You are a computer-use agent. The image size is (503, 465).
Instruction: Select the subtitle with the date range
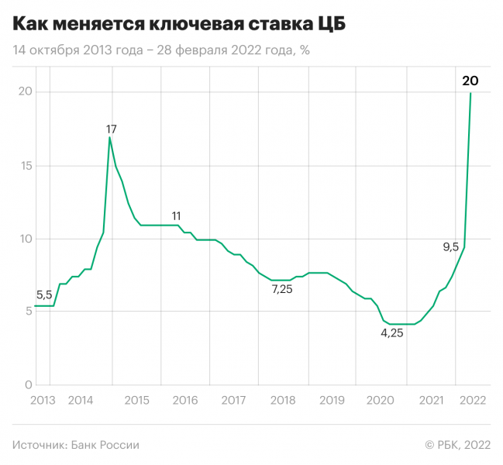[161, 50]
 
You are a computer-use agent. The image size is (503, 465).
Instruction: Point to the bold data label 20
[470, 80]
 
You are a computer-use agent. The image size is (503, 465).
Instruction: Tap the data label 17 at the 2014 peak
[112, 129]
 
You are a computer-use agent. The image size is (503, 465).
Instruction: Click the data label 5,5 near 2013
[45, 294]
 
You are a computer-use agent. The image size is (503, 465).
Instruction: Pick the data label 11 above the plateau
[177, 215]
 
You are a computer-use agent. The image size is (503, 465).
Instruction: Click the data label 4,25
[392, 333]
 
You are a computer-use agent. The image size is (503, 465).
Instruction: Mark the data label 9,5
[451, 247]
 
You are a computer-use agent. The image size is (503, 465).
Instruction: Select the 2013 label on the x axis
[43, 401]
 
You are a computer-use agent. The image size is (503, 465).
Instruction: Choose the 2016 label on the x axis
[185, 401]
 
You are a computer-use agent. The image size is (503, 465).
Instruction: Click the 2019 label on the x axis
[332, 401]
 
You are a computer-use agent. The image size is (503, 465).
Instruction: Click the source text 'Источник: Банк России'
[76, 445]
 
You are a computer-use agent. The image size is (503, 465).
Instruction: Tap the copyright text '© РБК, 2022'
[457, 445]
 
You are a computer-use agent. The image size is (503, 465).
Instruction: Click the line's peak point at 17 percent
[110, 137]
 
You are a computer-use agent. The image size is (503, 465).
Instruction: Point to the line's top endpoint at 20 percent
[470, 93]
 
